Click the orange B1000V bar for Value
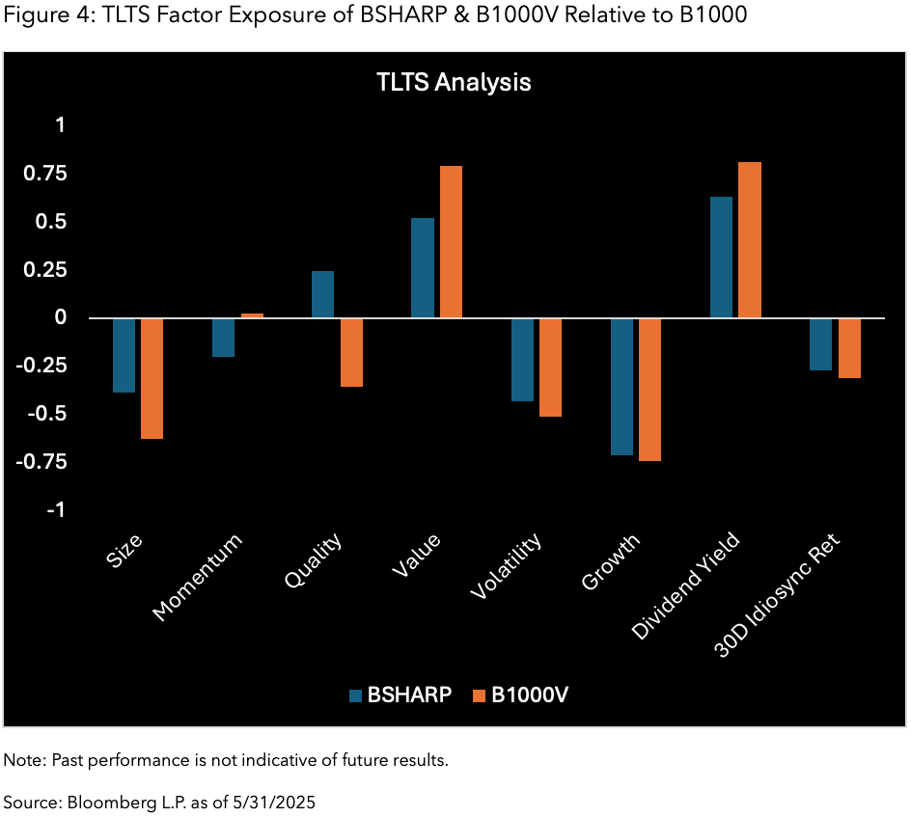(x=451, y=242)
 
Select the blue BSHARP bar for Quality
(x=322, y=294)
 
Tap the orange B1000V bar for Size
(x=152, y=378)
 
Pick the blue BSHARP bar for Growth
(x=621, y=386)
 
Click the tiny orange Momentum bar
(x=252, y=315)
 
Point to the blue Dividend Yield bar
(x=721, y=258)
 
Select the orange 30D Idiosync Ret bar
(x=849, y=347)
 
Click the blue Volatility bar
(x=522, y=359)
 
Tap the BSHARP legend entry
(x=400, y=694)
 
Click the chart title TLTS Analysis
(x=454, y=82)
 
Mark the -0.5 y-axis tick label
(x=41, y=414)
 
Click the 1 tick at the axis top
(x=60, y=125)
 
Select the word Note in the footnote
(x=19, y=760)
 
